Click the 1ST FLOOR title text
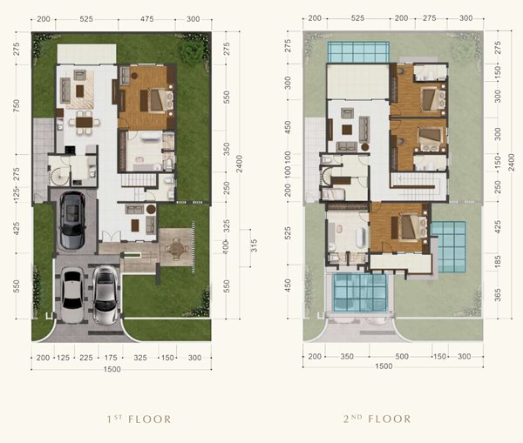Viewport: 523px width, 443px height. pos(139,419)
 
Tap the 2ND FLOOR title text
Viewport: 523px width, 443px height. pos(377,419)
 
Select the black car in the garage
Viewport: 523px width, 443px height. pos(72,220)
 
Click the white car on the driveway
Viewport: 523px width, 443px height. pos(72,295)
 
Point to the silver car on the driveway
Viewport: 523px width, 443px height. pos(105,295)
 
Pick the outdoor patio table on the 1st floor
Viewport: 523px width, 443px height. pos(175,247)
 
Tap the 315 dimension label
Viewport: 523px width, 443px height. pos(255,245)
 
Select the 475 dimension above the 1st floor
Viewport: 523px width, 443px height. pos(146,19)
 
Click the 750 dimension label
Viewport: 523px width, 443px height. pos(16,105)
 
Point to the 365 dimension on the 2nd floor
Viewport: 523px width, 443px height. pos(498,295)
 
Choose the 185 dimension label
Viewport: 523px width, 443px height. pos(498,261)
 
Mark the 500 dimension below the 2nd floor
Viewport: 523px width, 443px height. pos(402,356)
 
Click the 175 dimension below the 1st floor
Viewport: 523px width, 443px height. pos(111,358)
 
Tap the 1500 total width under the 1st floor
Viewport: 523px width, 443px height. pos(112,369)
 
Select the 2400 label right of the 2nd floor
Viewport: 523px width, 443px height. pos(512,162)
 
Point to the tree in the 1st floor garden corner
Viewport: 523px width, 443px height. pos(192,50)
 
